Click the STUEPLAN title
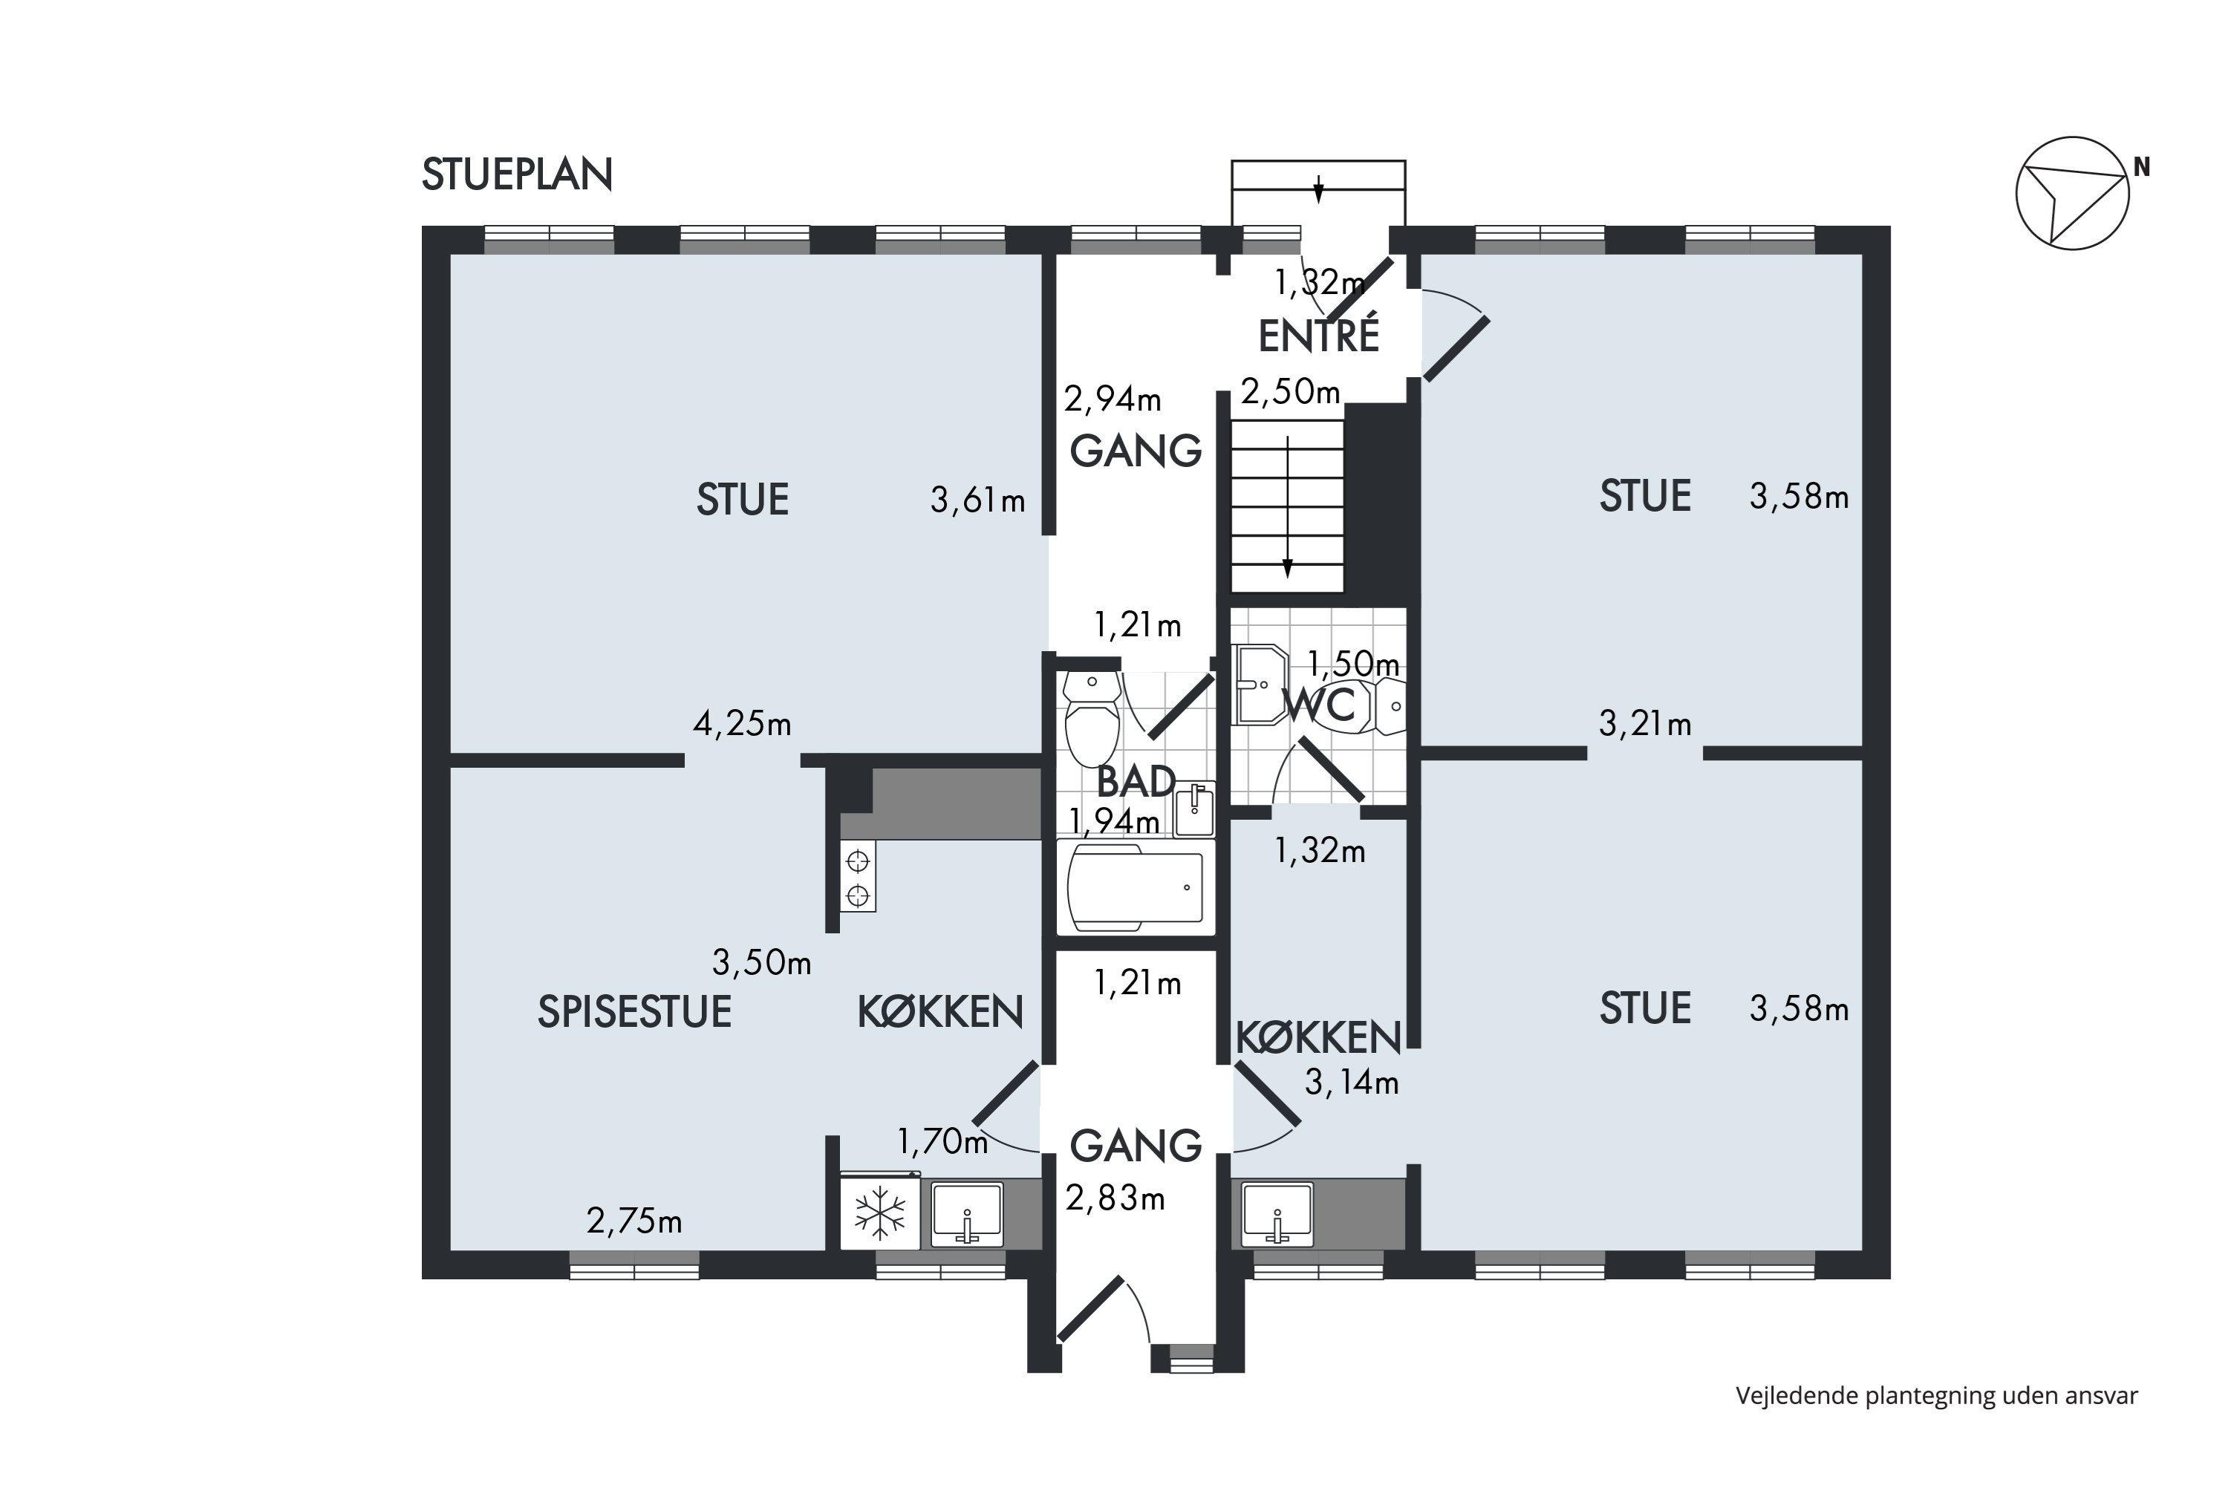click(517, 175)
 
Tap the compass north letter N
click(2141, 168)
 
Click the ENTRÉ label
click(1319, 336)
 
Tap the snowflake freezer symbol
click(880, 1213)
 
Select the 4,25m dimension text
click(742, 725)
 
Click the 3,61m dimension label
click(977, 500)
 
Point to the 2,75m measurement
click(633, 1221)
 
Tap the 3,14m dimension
click(1352, 1082)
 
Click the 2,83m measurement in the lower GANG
click(1115, 1199)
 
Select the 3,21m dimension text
click(1644, 725)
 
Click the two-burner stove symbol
click(857, 877)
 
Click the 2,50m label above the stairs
click(1290, 391)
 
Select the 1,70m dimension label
click(942, 1142)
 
